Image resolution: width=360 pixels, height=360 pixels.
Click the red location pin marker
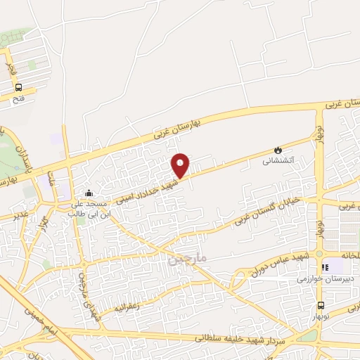[x=180, y=165]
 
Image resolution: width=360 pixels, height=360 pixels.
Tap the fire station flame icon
[x=278, y=150]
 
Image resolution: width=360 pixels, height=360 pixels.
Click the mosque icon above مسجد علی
[x=88, y=193]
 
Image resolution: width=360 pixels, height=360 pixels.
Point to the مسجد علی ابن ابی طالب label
[x=88, y=208]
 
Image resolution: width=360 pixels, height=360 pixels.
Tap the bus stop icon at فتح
[x=18, y=88]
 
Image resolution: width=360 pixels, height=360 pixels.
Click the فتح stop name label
[x=18, y=99]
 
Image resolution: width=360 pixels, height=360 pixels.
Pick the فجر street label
[x=11, y=67]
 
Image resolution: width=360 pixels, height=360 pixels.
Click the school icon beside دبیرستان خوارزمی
[x=325, y=267]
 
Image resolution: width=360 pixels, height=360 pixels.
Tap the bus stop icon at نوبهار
[x=321, y=305]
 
